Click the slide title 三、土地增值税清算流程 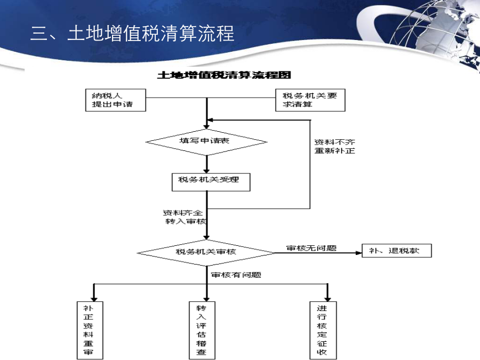click(132, 33)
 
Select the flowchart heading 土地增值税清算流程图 click(224, 75)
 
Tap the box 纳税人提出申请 click(115, 100)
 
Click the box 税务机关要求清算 click(310, 100)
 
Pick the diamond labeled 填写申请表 click(206, 142)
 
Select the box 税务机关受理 click(211, 182)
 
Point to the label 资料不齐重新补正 click(334, 146)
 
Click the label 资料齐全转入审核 click(185, 217)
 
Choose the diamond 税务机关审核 click(206, 253)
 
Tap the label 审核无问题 click(311, 248)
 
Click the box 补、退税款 click(397, 251)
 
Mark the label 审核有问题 click(236, 275)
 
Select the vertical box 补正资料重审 click(90, 330)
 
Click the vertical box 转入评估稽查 click(202, 330)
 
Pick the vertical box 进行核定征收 click(323, 330)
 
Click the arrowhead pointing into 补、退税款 click(359, 253)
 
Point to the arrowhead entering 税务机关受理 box click(206, 171)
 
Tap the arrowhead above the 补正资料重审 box click(94, 299)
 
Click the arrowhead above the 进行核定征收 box click(327, 299)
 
